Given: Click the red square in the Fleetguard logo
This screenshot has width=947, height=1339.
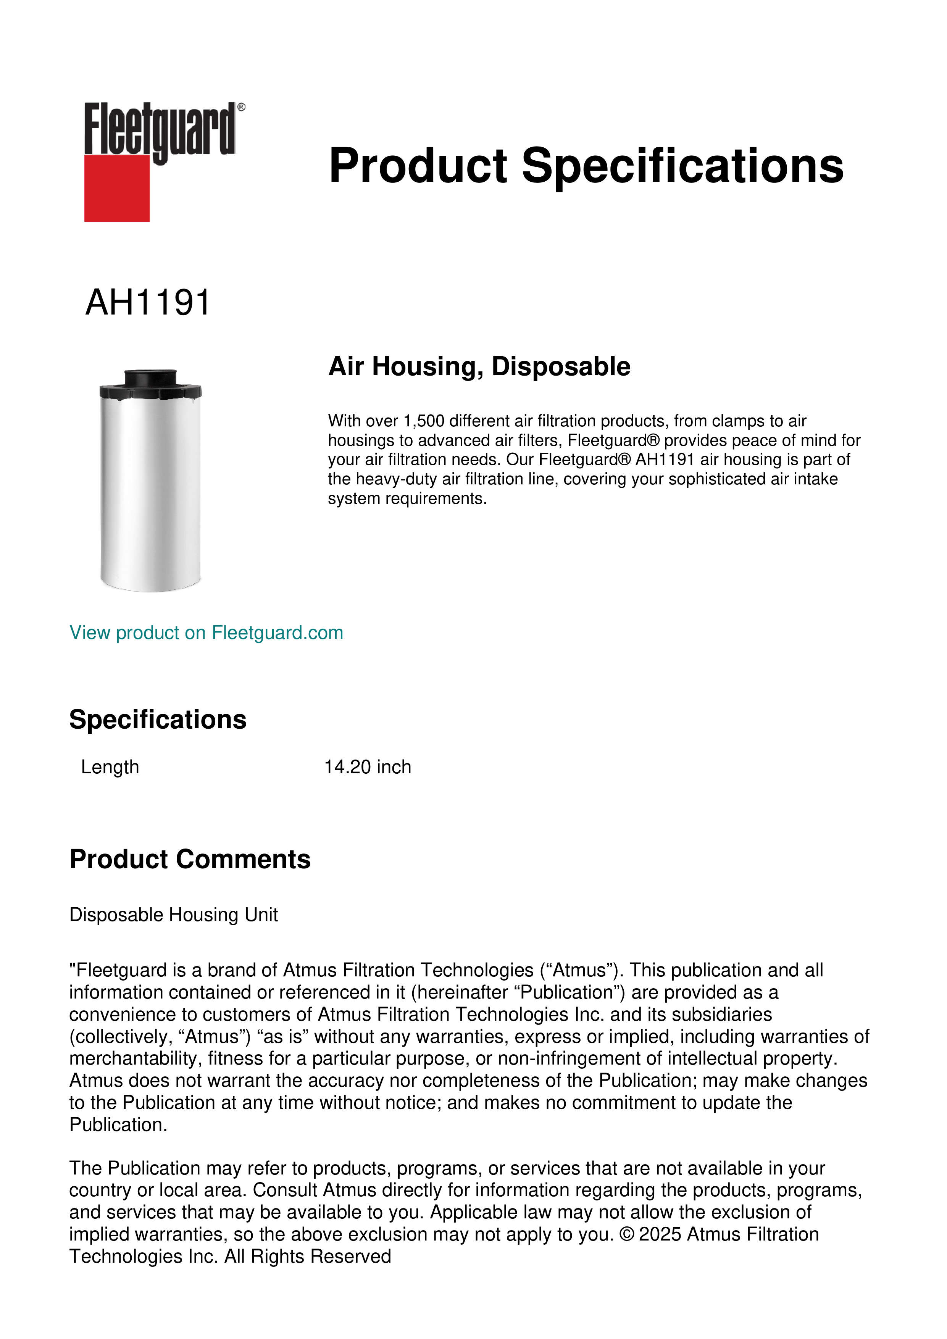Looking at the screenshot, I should click(x=117, y=188).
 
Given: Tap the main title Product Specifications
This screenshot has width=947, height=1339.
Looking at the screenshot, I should click(x=586, y=166).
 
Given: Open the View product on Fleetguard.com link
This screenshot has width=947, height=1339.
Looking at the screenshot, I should click(x=206, y=633).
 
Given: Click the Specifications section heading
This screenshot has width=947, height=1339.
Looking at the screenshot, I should click(x=157, y=720).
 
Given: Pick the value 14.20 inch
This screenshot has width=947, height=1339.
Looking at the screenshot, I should click(x=367, y=767).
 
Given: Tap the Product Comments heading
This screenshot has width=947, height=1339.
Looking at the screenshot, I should click(x=190, y=860).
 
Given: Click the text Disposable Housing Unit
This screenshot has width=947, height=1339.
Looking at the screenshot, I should click(x=173, y=915).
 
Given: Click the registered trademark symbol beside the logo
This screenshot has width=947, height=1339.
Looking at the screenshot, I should click(x=241, y=107).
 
